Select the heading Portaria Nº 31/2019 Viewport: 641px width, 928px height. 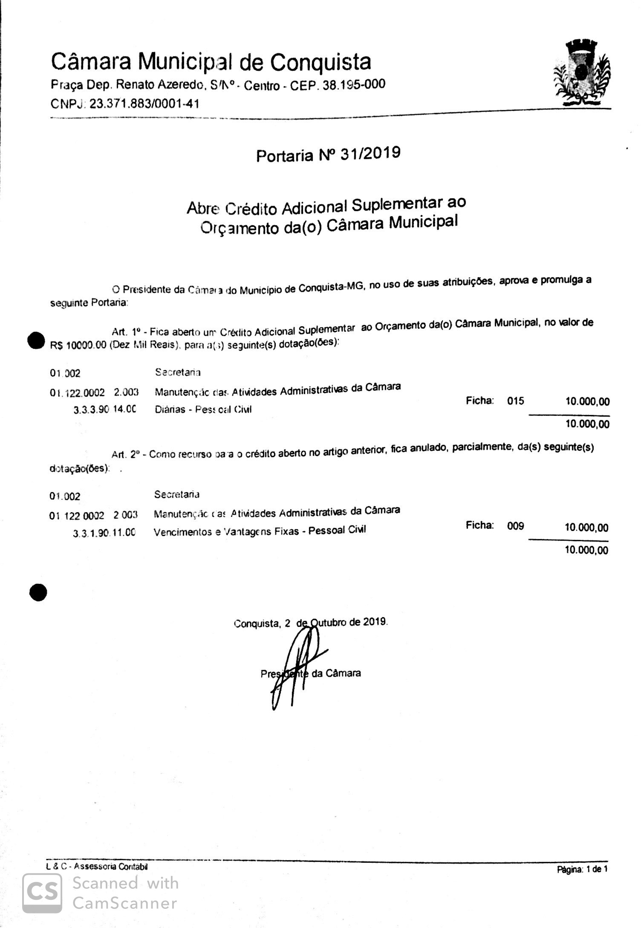328,154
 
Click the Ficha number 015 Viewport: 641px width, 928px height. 515,401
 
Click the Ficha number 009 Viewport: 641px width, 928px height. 515,526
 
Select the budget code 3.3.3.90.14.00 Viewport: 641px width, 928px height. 104,409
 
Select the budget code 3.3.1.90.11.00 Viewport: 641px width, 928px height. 104,533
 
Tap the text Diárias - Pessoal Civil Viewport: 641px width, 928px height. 203,409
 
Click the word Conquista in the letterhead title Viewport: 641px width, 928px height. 320,62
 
